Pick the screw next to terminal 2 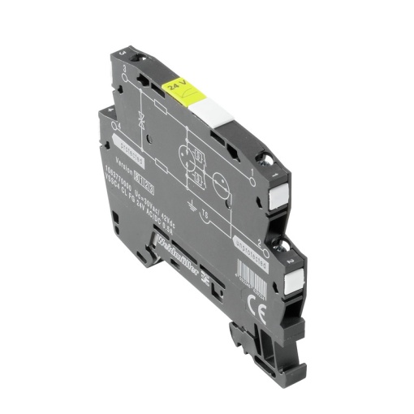pyautogui.click(x=287, y=245)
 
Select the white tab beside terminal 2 pyautogui.click(x=296, y=279)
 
